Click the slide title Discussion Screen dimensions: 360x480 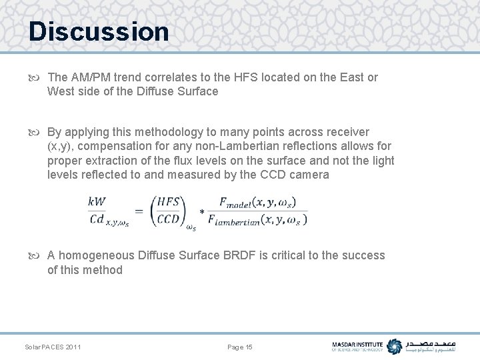point(99,31)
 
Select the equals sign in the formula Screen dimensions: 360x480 point(139,211)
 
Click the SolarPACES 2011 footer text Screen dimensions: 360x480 point(53,347)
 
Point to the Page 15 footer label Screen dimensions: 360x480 point(240,347)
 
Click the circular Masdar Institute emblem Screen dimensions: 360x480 point(395,346)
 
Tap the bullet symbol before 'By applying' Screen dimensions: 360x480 point(38,132)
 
